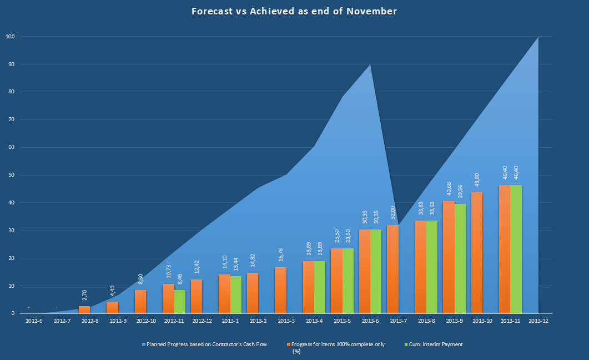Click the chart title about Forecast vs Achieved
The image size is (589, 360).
tap(294, 11)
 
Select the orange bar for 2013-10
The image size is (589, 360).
tap(477, 253)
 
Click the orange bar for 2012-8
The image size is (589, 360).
tap(84, 309)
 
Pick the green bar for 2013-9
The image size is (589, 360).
tap(460, 259)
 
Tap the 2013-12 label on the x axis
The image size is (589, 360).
tap(538, 321)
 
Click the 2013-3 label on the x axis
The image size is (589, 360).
tap(286, 321)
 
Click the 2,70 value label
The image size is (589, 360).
tap(84, 295)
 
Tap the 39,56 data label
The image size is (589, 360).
tap(460, 189)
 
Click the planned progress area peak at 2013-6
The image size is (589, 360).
tap(370, 66)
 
